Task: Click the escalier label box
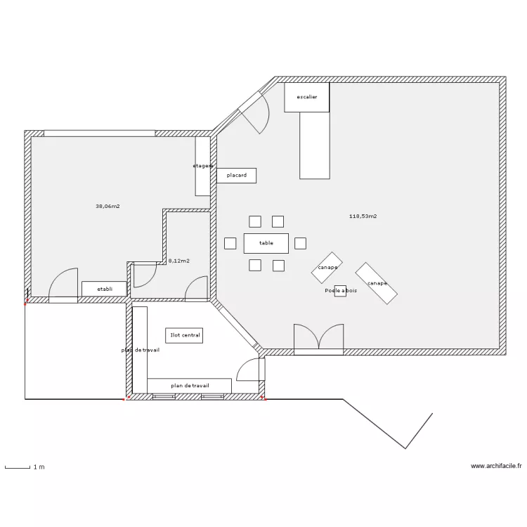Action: (x=306, y=97)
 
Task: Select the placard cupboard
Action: (x=236, y=176)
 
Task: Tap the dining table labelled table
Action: (x=266, y=243)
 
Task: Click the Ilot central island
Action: (x=184, y=335)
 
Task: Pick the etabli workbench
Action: (x=105, y=289)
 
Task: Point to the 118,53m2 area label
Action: (x=363, y=216)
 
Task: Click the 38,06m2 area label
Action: (x=108, y=207)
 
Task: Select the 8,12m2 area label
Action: (x=178, y=261)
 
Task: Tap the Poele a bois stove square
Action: (x=340, y=291)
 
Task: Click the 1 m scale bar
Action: (x=18, y=467)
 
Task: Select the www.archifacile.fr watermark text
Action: (x=496, y=466)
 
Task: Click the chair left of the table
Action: (x=230, y=243)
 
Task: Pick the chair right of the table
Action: (x=301, y=243)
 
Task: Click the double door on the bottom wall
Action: (x=318, y=339)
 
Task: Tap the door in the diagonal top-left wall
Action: (x=256, y=112)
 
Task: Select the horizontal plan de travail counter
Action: (x=189, y=386)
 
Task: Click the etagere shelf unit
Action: (x=203, y=166)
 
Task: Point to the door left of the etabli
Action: (x=63, y=286)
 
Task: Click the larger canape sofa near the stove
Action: (x=377, y=283)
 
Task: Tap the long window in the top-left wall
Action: (x=100, y=134)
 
